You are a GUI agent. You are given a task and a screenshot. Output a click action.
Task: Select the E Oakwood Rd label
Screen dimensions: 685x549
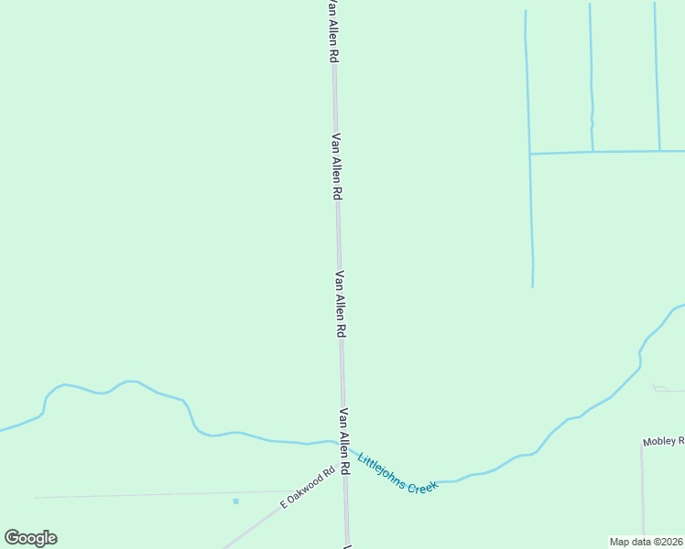308,489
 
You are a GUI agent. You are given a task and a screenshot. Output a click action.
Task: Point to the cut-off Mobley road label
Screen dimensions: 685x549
663,442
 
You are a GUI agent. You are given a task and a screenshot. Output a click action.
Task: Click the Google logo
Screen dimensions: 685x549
30,537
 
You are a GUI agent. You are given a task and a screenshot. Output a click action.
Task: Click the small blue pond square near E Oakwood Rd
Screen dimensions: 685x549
235,501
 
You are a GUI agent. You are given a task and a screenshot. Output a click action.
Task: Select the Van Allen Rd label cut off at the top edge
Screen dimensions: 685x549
334,30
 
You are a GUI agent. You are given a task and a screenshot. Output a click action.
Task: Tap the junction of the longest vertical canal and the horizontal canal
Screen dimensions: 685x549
530,154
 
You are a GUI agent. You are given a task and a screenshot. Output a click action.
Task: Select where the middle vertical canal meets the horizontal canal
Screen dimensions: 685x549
593,152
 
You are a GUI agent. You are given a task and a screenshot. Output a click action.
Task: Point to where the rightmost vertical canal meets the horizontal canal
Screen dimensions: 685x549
659,151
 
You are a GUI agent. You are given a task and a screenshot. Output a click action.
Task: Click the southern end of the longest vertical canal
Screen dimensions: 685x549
533,286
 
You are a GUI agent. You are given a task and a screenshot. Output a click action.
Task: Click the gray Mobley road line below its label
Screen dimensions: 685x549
643,494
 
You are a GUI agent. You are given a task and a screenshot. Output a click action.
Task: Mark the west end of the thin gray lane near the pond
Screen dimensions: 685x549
37,498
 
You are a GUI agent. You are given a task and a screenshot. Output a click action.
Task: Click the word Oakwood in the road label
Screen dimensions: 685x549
309,489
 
